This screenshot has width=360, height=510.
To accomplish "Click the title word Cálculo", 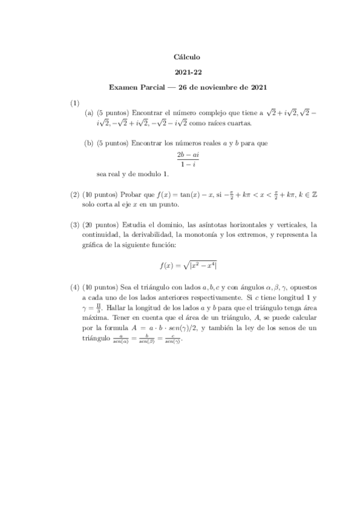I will (x=187, y=57).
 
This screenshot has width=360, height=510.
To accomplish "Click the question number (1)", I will (x=75, y=103).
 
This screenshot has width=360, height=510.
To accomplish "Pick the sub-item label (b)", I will (x=90, y=143).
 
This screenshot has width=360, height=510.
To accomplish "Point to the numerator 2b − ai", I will (x=187, y=155).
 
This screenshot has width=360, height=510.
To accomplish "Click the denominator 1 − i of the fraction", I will (x=187, y=164).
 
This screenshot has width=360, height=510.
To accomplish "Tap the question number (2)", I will (x=75, y=194).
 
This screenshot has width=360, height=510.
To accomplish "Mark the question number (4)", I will (x=75, y=288).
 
